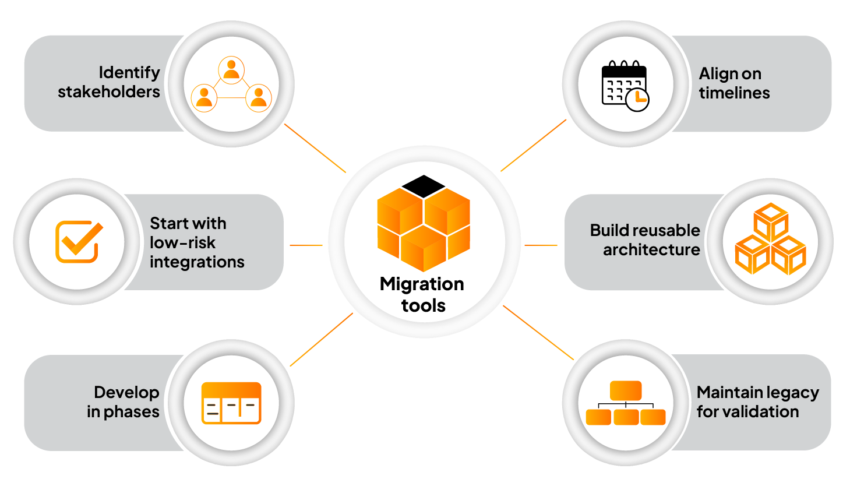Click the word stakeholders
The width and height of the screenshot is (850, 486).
[108, 92]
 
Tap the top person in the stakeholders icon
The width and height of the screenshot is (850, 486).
[231, 69]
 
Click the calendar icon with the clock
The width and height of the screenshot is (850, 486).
[624, 85]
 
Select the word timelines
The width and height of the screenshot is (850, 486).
[734, 93]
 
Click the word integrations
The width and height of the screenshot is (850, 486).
[197, 262]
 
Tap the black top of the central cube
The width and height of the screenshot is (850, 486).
[424, 186]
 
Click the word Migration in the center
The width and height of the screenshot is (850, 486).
[422, 284]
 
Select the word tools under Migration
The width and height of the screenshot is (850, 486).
[423, 305]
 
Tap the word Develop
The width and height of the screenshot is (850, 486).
[126, 392]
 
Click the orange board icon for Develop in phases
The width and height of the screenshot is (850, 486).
[231, 403]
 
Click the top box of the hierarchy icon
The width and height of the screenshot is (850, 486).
[626, 390]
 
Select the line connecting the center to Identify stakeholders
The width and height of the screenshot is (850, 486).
[315, 148]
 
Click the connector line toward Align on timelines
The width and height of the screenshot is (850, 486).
[533, 146]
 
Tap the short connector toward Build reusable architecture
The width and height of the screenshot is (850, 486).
[541, 245]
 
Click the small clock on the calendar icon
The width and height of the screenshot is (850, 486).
[637, 100]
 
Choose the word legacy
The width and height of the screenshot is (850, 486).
[791, 393]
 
